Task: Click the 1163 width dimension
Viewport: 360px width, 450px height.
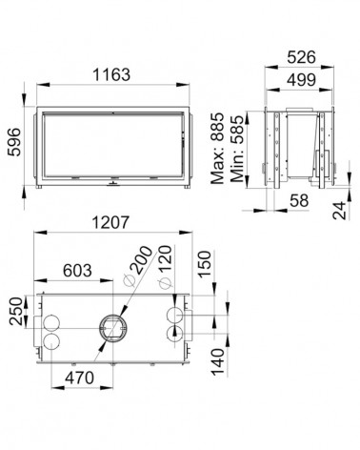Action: [x=111, y=74]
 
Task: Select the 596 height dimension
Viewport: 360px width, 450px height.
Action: [x=14, y=142]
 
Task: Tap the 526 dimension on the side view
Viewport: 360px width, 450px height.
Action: [x=301, y=57]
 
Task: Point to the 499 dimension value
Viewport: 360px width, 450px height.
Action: [x=301, y=80]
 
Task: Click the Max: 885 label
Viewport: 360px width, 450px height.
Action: [x=217, y=149]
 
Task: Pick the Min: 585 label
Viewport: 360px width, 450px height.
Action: [x=238, y=149]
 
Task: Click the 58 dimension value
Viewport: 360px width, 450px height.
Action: [x=299, y=200]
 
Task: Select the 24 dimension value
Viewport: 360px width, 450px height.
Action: [x=339, y=211]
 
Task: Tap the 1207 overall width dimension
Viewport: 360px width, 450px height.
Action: [x=110, y=222]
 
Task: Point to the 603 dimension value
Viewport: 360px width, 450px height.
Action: [x=77, y=271]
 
